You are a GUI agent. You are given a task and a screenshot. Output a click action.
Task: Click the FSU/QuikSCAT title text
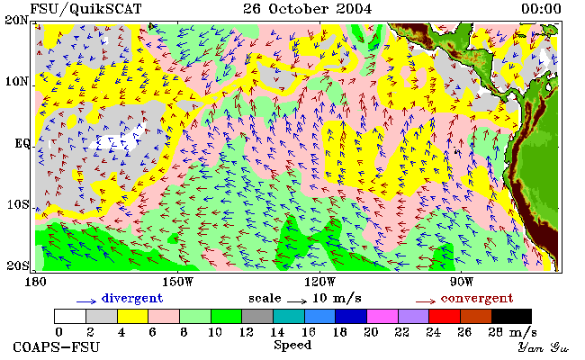(85, 9)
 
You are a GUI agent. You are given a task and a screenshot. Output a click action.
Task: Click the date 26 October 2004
(308, 9)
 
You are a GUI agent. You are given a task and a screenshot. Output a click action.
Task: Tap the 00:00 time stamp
(541, 9)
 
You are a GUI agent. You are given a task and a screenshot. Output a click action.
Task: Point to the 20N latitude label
(16, 20)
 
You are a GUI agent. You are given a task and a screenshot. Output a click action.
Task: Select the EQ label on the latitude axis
(22, 143)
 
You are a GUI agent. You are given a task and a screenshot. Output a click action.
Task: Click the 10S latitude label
(17, 205)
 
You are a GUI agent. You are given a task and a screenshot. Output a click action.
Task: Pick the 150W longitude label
(178, 282)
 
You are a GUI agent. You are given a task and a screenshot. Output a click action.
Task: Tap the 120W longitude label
(319, 282)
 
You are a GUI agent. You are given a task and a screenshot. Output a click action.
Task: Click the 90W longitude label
(462, 282)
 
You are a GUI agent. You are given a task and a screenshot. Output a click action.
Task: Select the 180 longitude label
(35, 282)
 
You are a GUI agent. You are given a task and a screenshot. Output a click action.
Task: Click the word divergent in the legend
(132, 299)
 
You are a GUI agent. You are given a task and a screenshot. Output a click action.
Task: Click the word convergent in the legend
(477, 299)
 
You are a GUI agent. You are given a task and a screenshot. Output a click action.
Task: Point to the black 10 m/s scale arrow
(297, 301)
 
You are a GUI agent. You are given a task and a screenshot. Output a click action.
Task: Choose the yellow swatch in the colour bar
(132, 316)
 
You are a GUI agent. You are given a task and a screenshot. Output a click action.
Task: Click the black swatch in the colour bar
(511, 316)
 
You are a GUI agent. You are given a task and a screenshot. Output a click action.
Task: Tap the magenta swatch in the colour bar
(382, 316)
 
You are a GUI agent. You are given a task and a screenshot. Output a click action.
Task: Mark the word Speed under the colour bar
(292, 346)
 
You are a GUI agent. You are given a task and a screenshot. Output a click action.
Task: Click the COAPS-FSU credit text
(57, 347)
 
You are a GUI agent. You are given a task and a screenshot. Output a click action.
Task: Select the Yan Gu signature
(544, 348)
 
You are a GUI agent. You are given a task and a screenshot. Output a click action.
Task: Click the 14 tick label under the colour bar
(277, 332)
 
